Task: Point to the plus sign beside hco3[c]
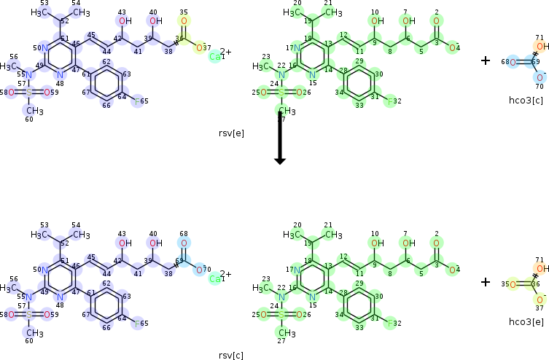(486, 60)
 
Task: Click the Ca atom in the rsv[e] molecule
(216, 56)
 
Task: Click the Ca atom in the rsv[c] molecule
(216, 278)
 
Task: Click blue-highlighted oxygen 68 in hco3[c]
(513, 62)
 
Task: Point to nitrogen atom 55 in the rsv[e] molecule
(29, 74)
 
